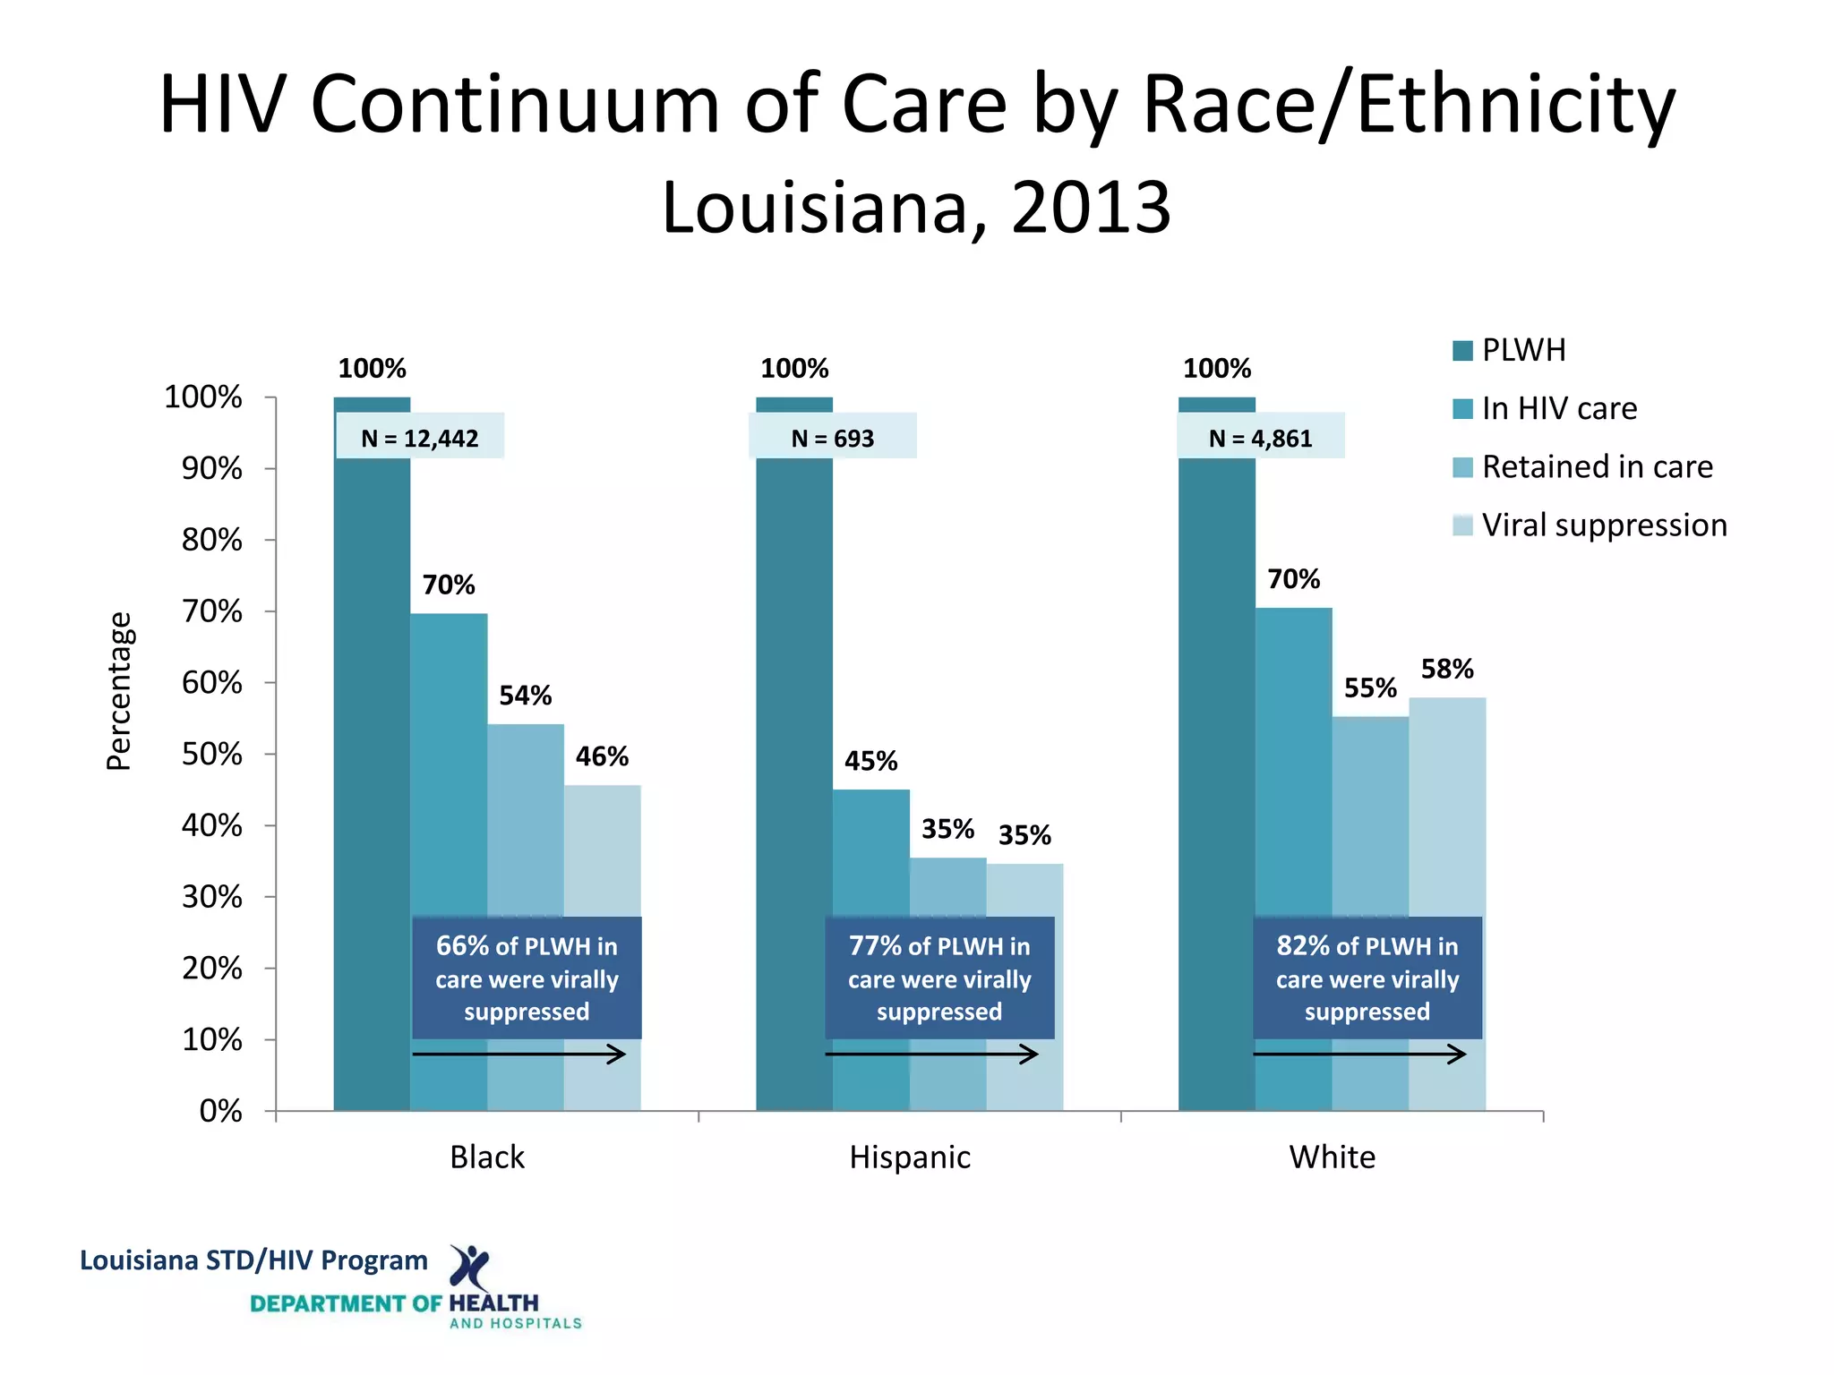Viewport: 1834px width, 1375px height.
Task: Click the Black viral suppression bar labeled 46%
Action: coord(602,850)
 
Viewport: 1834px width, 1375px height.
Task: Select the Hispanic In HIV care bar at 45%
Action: coord(870,850)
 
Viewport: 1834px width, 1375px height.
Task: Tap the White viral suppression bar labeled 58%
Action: coord(1446,806)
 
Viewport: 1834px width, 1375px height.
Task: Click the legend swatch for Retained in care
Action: coord(1462,467)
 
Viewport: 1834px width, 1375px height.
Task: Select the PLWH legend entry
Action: coord(1523,350)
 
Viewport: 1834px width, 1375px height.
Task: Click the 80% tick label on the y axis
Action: coord(212,540)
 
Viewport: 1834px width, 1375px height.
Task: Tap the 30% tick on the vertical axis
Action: coord(212,896)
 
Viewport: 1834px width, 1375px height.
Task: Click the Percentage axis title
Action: coord(119,690)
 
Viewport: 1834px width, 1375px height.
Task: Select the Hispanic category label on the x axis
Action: coord(909,1157)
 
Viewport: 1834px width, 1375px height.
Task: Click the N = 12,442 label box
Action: coord(419,438)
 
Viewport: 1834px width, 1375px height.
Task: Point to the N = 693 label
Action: coord(832,438)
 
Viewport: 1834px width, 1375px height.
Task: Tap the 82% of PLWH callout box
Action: coord(1367,978)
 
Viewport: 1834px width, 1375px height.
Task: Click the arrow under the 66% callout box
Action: coord(519,1054)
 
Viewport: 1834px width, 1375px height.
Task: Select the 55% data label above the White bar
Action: coord(1369,687)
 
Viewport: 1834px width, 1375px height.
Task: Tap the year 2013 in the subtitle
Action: coord(1090,208)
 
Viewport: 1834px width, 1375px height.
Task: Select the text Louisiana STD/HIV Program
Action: coord(253,1260)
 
